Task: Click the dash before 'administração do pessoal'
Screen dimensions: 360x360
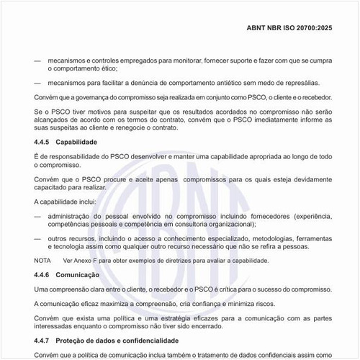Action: click(38, 215)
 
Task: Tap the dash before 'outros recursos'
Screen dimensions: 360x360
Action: click(38, 237)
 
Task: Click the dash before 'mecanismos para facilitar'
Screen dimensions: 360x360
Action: click(38, 83)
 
